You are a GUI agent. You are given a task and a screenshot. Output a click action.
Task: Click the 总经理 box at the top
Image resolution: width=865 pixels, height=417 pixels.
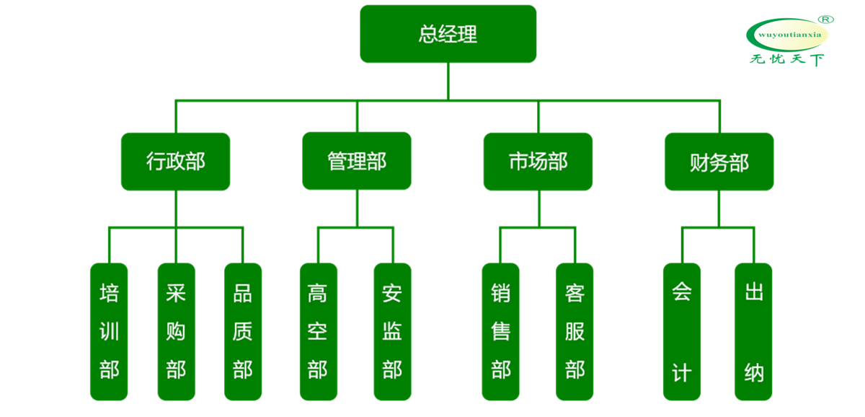448,34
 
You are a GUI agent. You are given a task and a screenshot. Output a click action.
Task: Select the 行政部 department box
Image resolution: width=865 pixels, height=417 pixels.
176,162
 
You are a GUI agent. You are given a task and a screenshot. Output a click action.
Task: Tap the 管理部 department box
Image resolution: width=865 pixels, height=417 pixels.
357,161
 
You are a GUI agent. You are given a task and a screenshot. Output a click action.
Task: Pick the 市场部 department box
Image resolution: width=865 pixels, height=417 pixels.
538,162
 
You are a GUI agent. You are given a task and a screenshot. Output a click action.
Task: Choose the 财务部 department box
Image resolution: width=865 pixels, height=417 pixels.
719,162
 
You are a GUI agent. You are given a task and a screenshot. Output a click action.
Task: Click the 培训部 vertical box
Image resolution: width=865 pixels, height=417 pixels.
109,331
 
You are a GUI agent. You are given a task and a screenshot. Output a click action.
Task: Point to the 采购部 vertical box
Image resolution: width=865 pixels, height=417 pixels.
176,331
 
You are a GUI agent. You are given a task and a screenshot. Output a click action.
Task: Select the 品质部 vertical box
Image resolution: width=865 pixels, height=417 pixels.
243,331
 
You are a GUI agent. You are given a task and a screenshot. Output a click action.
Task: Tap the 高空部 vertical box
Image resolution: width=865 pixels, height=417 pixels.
318,331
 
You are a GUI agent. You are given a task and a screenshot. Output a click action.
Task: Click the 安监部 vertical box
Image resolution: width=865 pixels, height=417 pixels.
392,331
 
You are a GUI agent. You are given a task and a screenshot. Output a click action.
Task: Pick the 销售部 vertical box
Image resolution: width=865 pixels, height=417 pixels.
500,331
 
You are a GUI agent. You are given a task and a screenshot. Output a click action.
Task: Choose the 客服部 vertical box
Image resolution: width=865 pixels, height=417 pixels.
575,331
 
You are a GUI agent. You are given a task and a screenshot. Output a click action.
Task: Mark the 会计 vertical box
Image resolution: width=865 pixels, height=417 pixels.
682,331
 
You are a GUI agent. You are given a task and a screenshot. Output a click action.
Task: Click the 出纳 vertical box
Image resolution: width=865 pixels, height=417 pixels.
753,331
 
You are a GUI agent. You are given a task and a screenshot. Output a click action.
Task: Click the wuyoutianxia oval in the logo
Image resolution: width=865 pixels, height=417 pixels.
788,34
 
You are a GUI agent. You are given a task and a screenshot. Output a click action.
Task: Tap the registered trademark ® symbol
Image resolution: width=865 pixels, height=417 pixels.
828,18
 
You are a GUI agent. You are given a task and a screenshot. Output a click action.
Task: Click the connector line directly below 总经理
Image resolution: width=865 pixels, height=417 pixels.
448,81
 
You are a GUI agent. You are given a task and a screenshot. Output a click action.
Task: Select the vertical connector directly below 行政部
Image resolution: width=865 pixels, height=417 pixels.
176,209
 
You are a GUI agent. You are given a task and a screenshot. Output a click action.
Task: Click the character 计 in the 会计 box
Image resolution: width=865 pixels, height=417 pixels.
682,372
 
